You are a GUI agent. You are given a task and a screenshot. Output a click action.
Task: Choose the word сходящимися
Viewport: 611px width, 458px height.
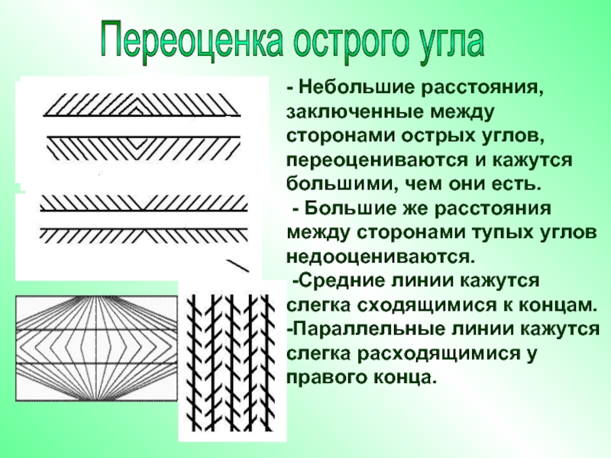pyautogui.click(x=412, y=305)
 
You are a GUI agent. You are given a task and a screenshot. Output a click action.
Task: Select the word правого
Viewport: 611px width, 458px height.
pyautogui.click(x=327, y=377)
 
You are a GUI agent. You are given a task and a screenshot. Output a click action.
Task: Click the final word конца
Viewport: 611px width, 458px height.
pyautogui.click(x=406, y=377)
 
